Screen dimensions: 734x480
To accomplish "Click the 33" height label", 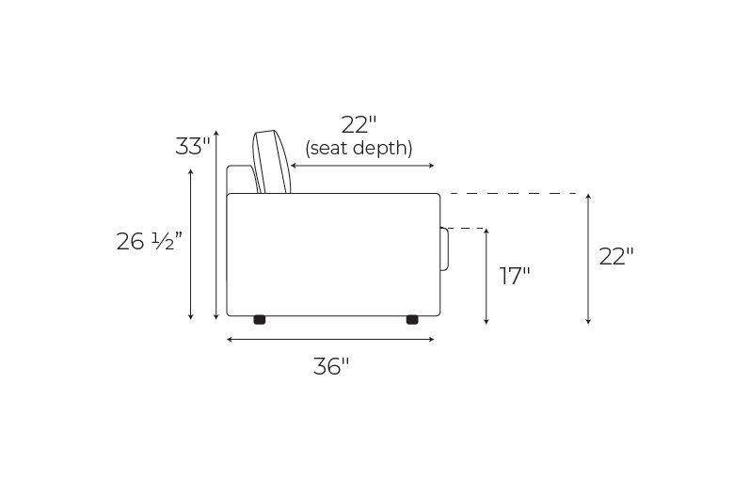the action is coord(193,146).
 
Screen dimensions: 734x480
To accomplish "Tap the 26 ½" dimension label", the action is coord(149,242).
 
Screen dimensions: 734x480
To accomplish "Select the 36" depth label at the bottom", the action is coord(331,366).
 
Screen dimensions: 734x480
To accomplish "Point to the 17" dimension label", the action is coord(515,276).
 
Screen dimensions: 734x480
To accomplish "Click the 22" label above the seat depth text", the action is coord(359,125).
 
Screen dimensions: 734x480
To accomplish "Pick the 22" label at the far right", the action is coord(616,257).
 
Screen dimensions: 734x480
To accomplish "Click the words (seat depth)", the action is coord(359,148).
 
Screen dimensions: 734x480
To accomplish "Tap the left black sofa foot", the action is coord(260,320).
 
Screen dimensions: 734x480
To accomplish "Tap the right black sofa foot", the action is coord(412,320).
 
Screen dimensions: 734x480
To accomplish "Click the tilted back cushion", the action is coord(272,162).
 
